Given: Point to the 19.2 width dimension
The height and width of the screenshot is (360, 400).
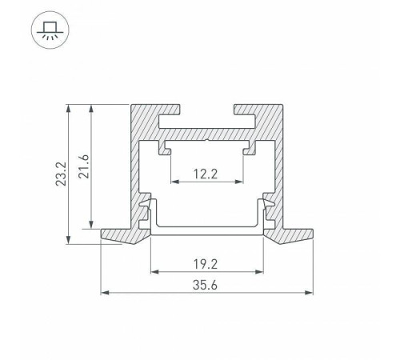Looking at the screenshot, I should [x=207, y=262].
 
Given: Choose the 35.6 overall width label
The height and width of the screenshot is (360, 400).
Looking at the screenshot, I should [x=207, y=284].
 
